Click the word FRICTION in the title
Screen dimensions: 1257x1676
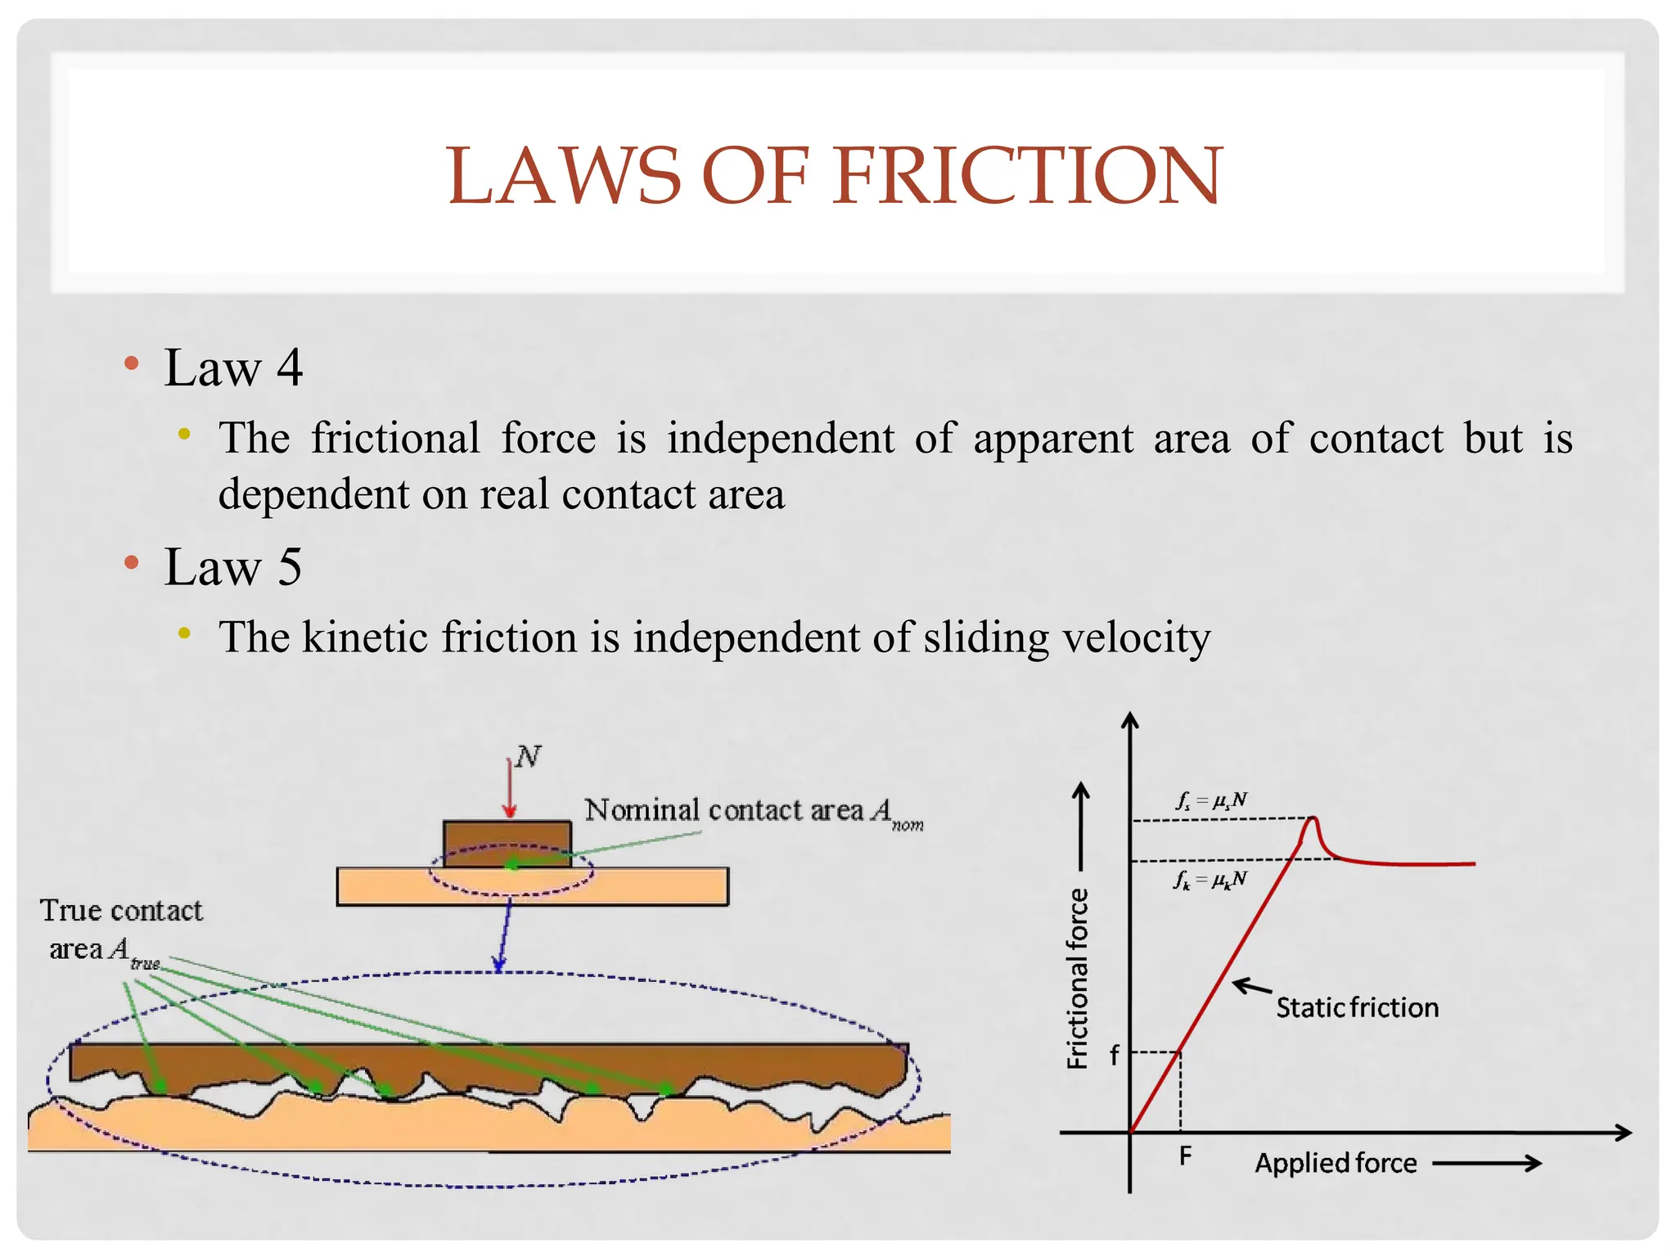[x=1027, y=176]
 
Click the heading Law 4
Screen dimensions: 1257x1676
[x=233, y=368]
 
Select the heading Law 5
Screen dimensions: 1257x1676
[x=233, y=567]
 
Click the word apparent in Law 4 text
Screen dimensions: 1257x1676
[x=1053, y=439]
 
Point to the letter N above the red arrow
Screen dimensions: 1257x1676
[x=528, y=756]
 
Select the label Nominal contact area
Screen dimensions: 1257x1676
[x=724, y=810]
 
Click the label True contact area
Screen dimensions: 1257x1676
[x=120, y=929]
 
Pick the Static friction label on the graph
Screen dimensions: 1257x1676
[x=1357, y=1007]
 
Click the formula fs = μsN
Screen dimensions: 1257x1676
[x=1211, y=800]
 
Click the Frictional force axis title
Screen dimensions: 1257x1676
[x=1077, y=978]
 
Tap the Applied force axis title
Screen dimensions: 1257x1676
[x=1336, y=1163]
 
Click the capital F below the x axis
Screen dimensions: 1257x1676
[x=1185, y=1156]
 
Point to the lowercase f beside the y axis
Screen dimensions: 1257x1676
[x=1114, y=1056]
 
